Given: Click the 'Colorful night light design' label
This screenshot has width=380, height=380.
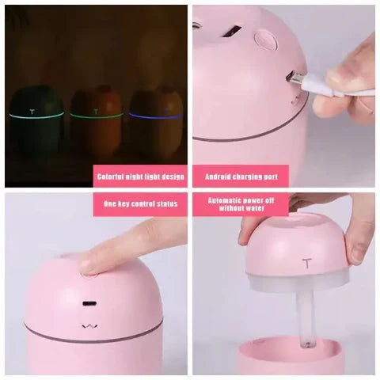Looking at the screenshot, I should pos(141,177).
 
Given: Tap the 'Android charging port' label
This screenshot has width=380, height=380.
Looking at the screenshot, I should pos(240,177).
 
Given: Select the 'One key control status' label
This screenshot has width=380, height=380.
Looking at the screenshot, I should pos(141,203).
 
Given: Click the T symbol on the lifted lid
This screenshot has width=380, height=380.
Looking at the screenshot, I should pos(305,264).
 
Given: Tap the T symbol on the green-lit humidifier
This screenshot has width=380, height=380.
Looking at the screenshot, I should pos(33,110).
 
